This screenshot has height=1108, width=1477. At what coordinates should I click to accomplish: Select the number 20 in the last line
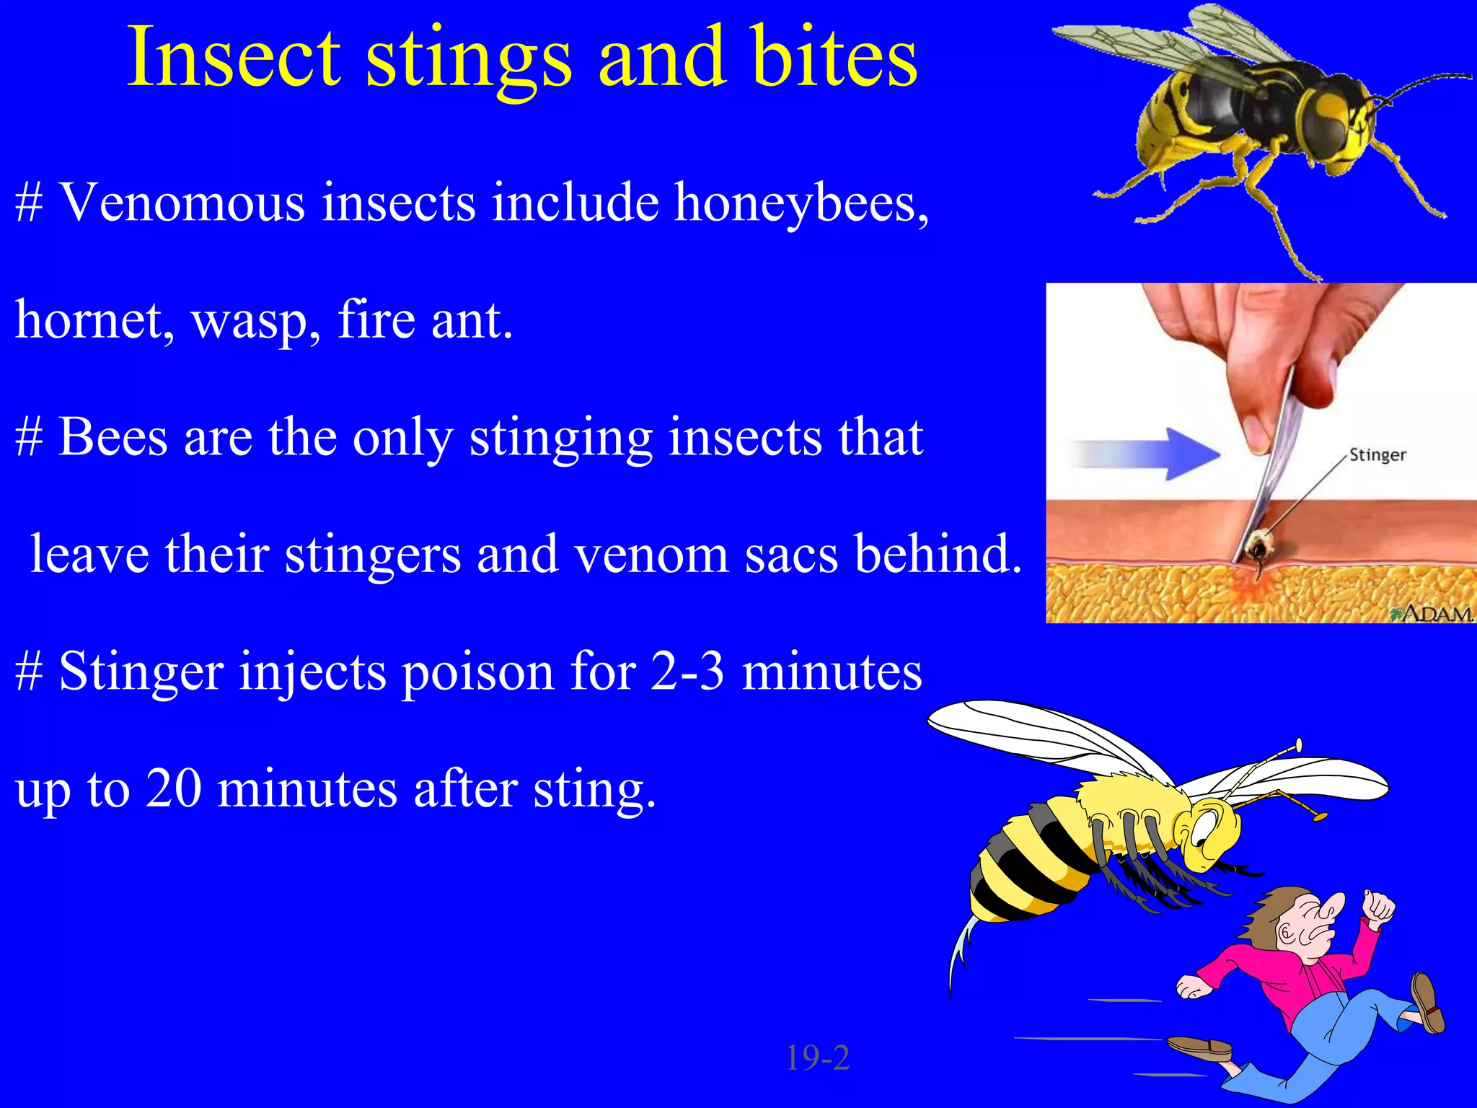[x=173, y=789]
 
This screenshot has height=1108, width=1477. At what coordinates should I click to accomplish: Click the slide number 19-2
[x=817, y=1058]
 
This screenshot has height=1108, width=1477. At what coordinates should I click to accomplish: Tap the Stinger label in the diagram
[x=1377, y=455]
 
